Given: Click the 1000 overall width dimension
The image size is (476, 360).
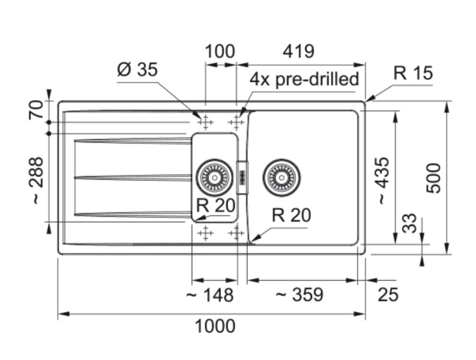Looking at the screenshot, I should click(x=215, y=326).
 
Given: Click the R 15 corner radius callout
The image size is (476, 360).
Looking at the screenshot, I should click(x=413, y=73).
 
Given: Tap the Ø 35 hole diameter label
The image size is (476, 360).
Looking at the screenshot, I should click(x=137, y=70).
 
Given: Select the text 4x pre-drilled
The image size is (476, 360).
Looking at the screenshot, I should click(x=304, y=79).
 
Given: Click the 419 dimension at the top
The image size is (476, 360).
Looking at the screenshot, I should click(x=298, y=52).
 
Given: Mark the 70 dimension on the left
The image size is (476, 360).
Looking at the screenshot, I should click(x=35, y=110).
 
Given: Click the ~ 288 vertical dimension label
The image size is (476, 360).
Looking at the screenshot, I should click(x=35, y=181).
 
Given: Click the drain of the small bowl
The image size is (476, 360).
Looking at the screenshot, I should click(x=214, y=178).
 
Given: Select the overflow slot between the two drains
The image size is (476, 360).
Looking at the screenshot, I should click(x=243, y=178).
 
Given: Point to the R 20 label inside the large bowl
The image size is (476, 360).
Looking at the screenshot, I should click(x=291, y=215).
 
